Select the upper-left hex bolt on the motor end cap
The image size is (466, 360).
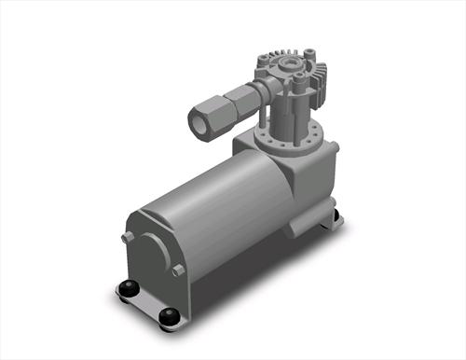(x=126, y=238)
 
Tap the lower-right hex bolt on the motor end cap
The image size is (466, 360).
(x=178, y=270)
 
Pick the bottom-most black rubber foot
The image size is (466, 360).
(x=168, y=317)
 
